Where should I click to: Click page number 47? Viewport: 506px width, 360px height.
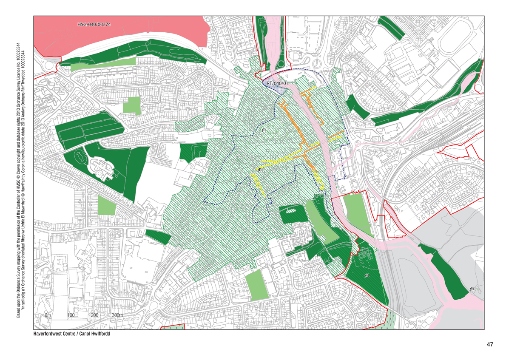(489, 345)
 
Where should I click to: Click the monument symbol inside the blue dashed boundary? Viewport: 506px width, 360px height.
(264, 130)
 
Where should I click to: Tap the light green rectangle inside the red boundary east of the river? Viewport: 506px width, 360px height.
(358, 215)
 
